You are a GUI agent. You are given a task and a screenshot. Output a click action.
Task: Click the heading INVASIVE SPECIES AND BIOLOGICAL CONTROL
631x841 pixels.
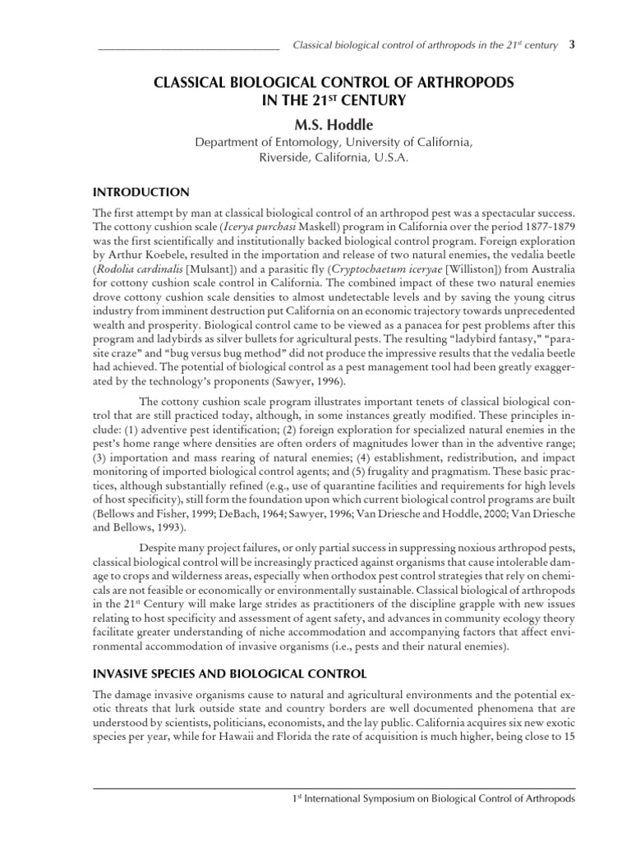231,673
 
